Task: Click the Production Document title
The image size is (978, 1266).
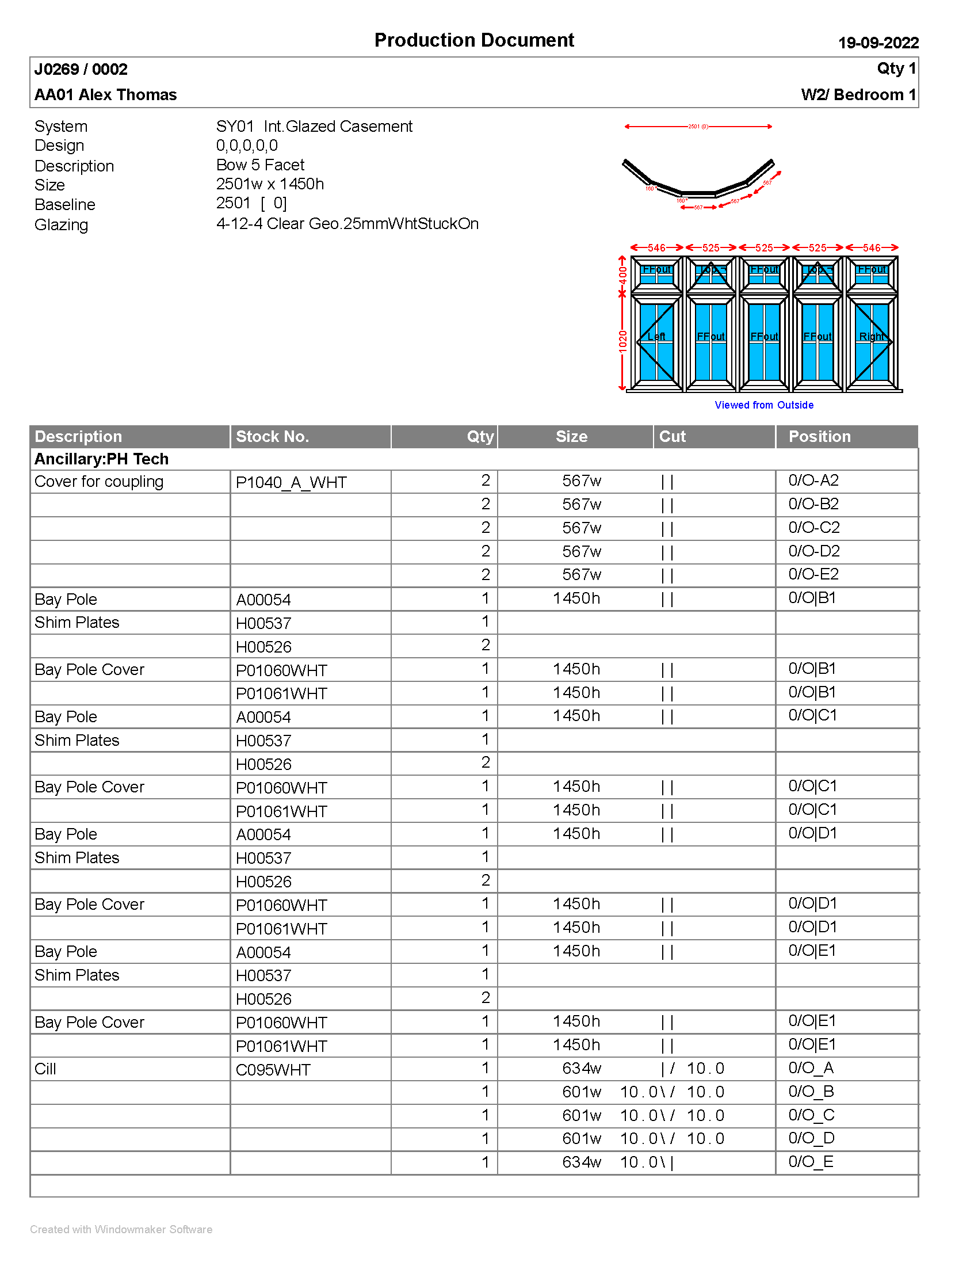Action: [x=474, y=40]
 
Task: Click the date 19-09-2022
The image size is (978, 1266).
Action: [x=878, y=43]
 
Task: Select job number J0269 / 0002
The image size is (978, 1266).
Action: [x=81, y=70]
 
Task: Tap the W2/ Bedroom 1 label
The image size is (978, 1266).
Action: [x=858, y=94]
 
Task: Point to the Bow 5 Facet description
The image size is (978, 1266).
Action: [x=260, y=165]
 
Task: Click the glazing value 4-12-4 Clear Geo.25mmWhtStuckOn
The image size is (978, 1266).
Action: [x=347, y=224]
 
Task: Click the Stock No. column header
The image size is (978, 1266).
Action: [x=272, y=437]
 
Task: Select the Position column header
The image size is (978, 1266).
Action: [x=819, y=437]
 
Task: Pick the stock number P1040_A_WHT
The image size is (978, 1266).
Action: [x=291, y=482]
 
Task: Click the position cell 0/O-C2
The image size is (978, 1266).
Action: [x=813, y=528]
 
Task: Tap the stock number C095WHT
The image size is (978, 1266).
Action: [x=273, y=1070]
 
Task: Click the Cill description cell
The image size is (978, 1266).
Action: [x=45, y=1069]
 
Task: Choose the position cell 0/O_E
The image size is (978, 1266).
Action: [x=811, y=1162]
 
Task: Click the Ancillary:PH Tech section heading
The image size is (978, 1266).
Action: [x=101, y=459]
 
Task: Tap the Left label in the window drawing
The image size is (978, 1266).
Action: [x=656, y=337]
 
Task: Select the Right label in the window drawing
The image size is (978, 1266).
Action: [x=871, y=337]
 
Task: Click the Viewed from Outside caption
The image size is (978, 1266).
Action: [x=763, y=405]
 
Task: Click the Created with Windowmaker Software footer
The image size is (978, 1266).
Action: [x=121, y=1230]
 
